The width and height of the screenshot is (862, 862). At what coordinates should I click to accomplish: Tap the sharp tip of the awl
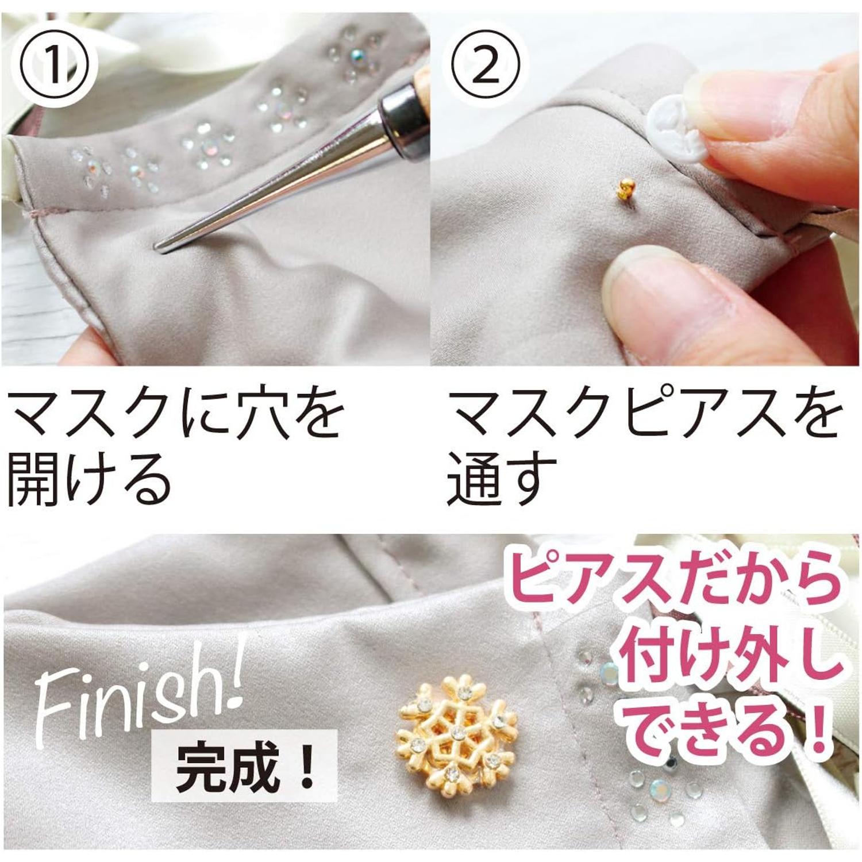(x=157, y=247)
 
